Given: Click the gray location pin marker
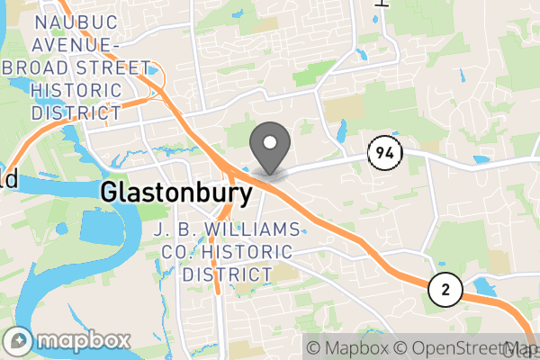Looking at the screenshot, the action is point(269,149).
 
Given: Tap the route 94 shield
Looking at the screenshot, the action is point(383,154).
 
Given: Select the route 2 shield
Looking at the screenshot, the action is point(445,289).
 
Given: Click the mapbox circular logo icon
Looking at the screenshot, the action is point(20,342).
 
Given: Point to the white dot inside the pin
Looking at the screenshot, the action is point(269,142).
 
